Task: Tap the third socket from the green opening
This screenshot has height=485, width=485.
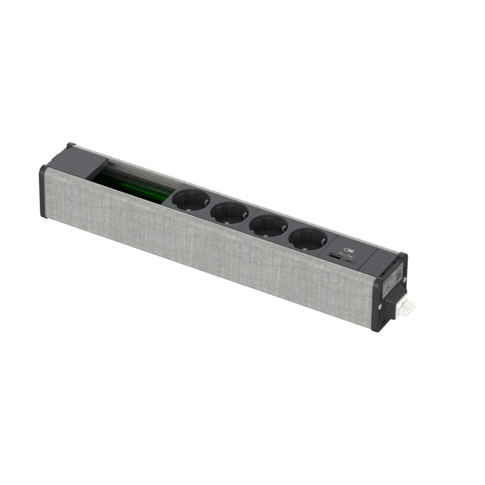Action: click(268, 226)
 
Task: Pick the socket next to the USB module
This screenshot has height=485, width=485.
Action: click(307, 239)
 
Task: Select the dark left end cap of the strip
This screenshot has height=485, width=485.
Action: click(43, 192)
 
